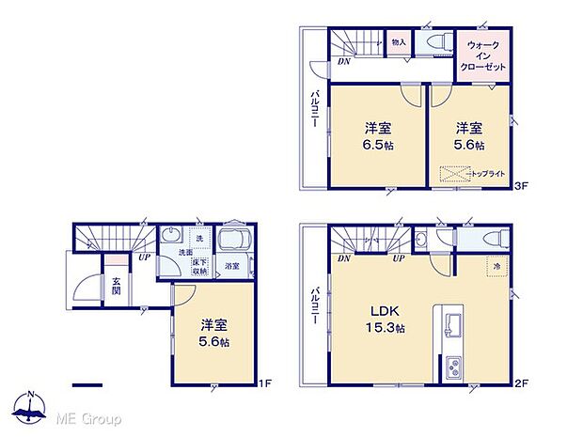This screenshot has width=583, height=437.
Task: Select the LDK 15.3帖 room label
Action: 383,320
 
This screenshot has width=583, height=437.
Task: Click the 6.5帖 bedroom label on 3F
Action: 379,138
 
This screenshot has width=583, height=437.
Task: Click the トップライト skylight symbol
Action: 456,175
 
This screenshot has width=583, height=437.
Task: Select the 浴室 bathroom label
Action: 230,267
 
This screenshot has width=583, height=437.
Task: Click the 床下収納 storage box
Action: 198,265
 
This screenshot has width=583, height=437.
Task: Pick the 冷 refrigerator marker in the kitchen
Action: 495,267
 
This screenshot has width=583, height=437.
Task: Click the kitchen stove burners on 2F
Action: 450,367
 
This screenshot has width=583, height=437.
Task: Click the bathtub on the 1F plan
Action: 231,239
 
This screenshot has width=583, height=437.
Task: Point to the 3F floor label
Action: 523,188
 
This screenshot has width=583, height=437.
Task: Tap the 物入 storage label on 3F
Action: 398,43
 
